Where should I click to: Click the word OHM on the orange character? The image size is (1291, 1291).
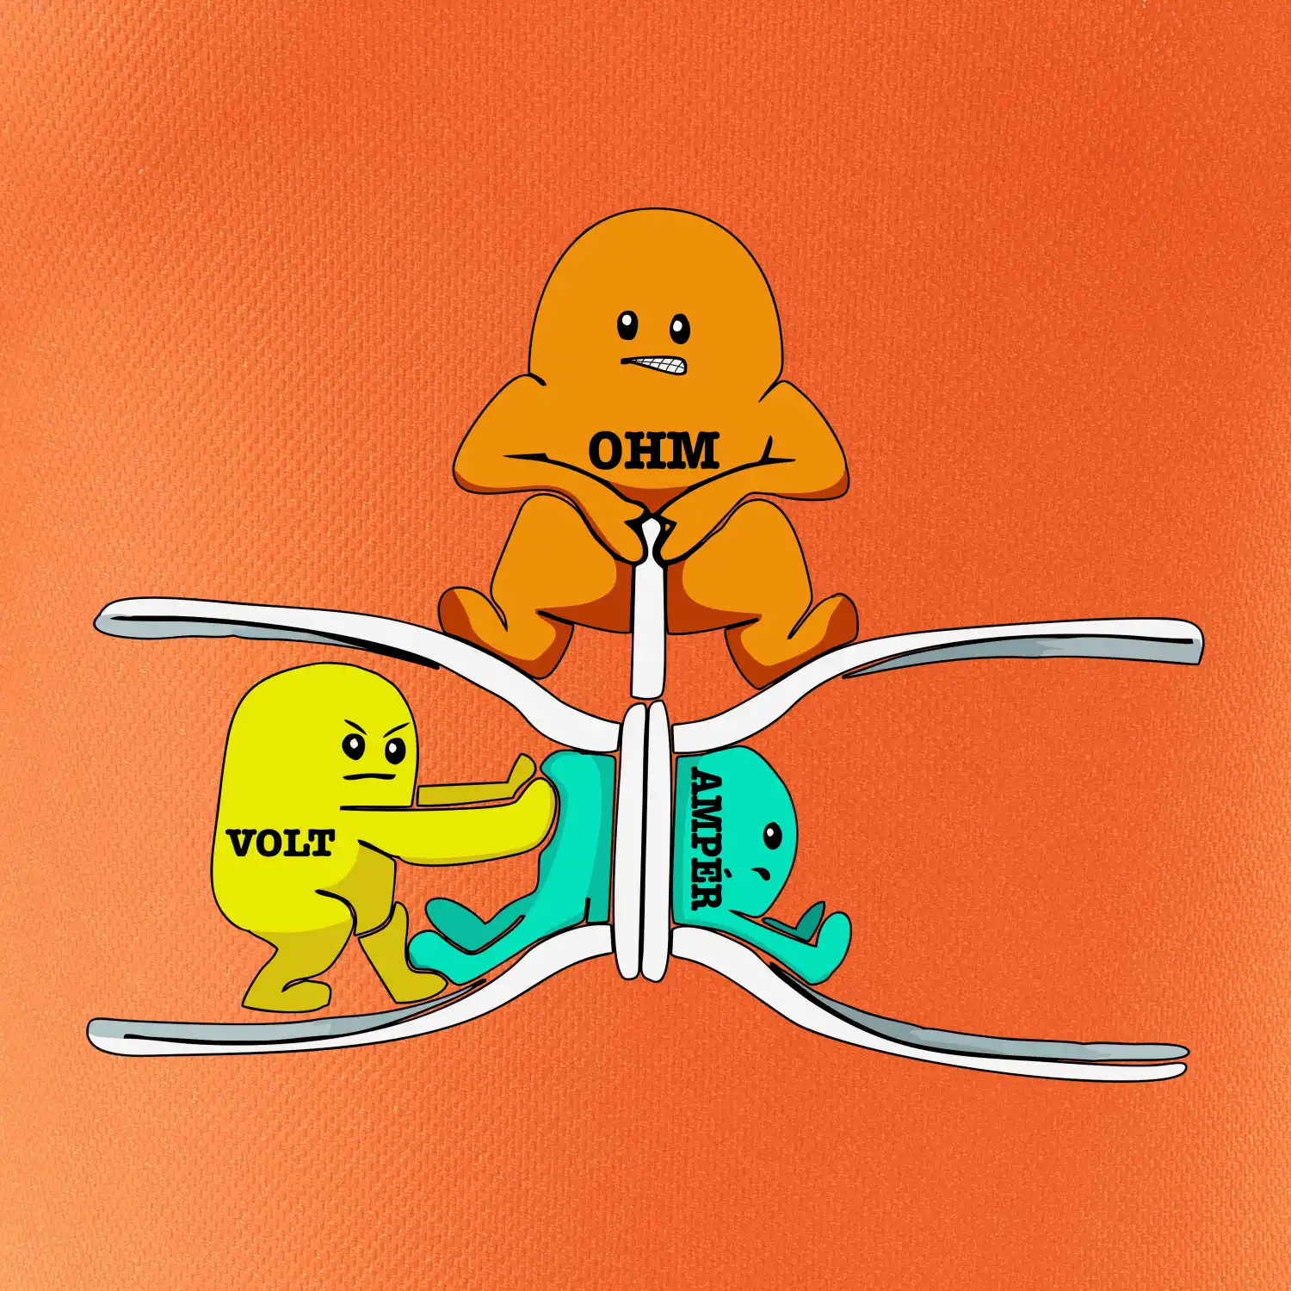[x=653, y=450]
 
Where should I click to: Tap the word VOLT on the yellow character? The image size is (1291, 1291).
[x=281, y=843]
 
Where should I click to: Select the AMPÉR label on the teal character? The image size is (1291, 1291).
[x=707, y=839]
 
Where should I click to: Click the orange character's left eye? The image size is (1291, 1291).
[x=628, y=325]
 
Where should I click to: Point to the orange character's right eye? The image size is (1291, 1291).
[x=680, y=328]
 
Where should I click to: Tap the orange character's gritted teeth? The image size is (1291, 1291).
[x=656, y=365]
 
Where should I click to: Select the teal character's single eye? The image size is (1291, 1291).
[x=772, y=835]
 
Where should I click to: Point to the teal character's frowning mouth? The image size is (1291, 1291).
[x=762, y=873]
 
